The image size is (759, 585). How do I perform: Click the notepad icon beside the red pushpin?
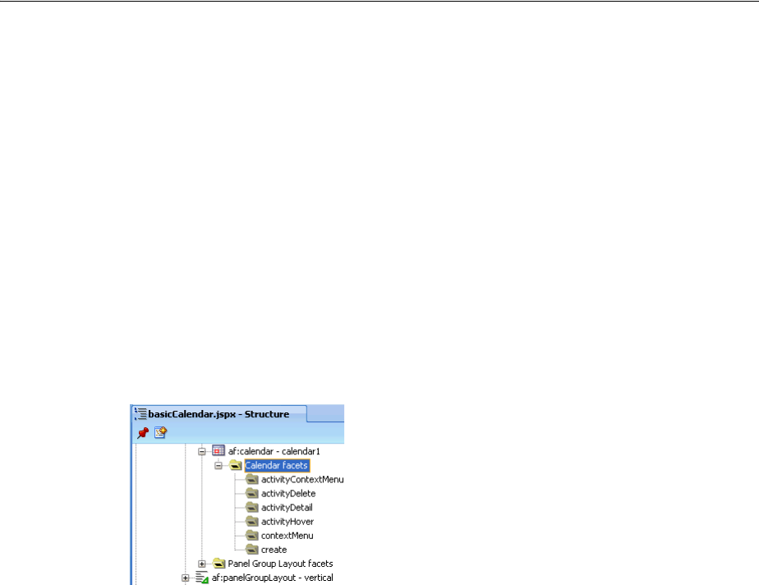coord(161,431)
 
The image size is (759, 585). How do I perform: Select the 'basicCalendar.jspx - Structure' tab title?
coord(218,414)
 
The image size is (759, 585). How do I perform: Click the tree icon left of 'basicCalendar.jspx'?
coord(140,414)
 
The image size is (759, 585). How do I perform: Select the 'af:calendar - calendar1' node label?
coord(264,451)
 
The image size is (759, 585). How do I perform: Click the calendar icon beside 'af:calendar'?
coord(218,451)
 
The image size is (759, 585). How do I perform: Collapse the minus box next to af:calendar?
coord(202,451)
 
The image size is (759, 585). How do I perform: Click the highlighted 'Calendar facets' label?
coord(277,465)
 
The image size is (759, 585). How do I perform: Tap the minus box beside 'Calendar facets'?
coord(218,465)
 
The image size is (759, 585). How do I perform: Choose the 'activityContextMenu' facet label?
coord(302,479)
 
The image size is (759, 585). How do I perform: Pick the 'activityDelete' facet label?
coord(287,493)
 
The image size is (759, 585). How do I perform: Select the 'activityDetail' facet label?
coord(287,508)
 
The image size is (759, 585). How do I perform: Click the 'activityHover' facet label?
coord(287,522)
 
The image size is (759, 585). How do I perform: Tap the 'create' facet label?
coord(274,550)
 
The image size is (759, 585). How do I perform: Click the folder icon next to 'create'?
coord(252,550)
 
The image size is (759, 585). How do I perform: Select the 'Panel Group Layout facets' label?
coord(280,564)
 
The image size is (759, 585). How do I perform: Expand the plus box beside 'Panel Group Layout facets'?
coord(202,564)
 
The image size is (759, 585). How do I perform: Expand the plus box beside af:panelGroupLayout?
coord(186,578)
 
